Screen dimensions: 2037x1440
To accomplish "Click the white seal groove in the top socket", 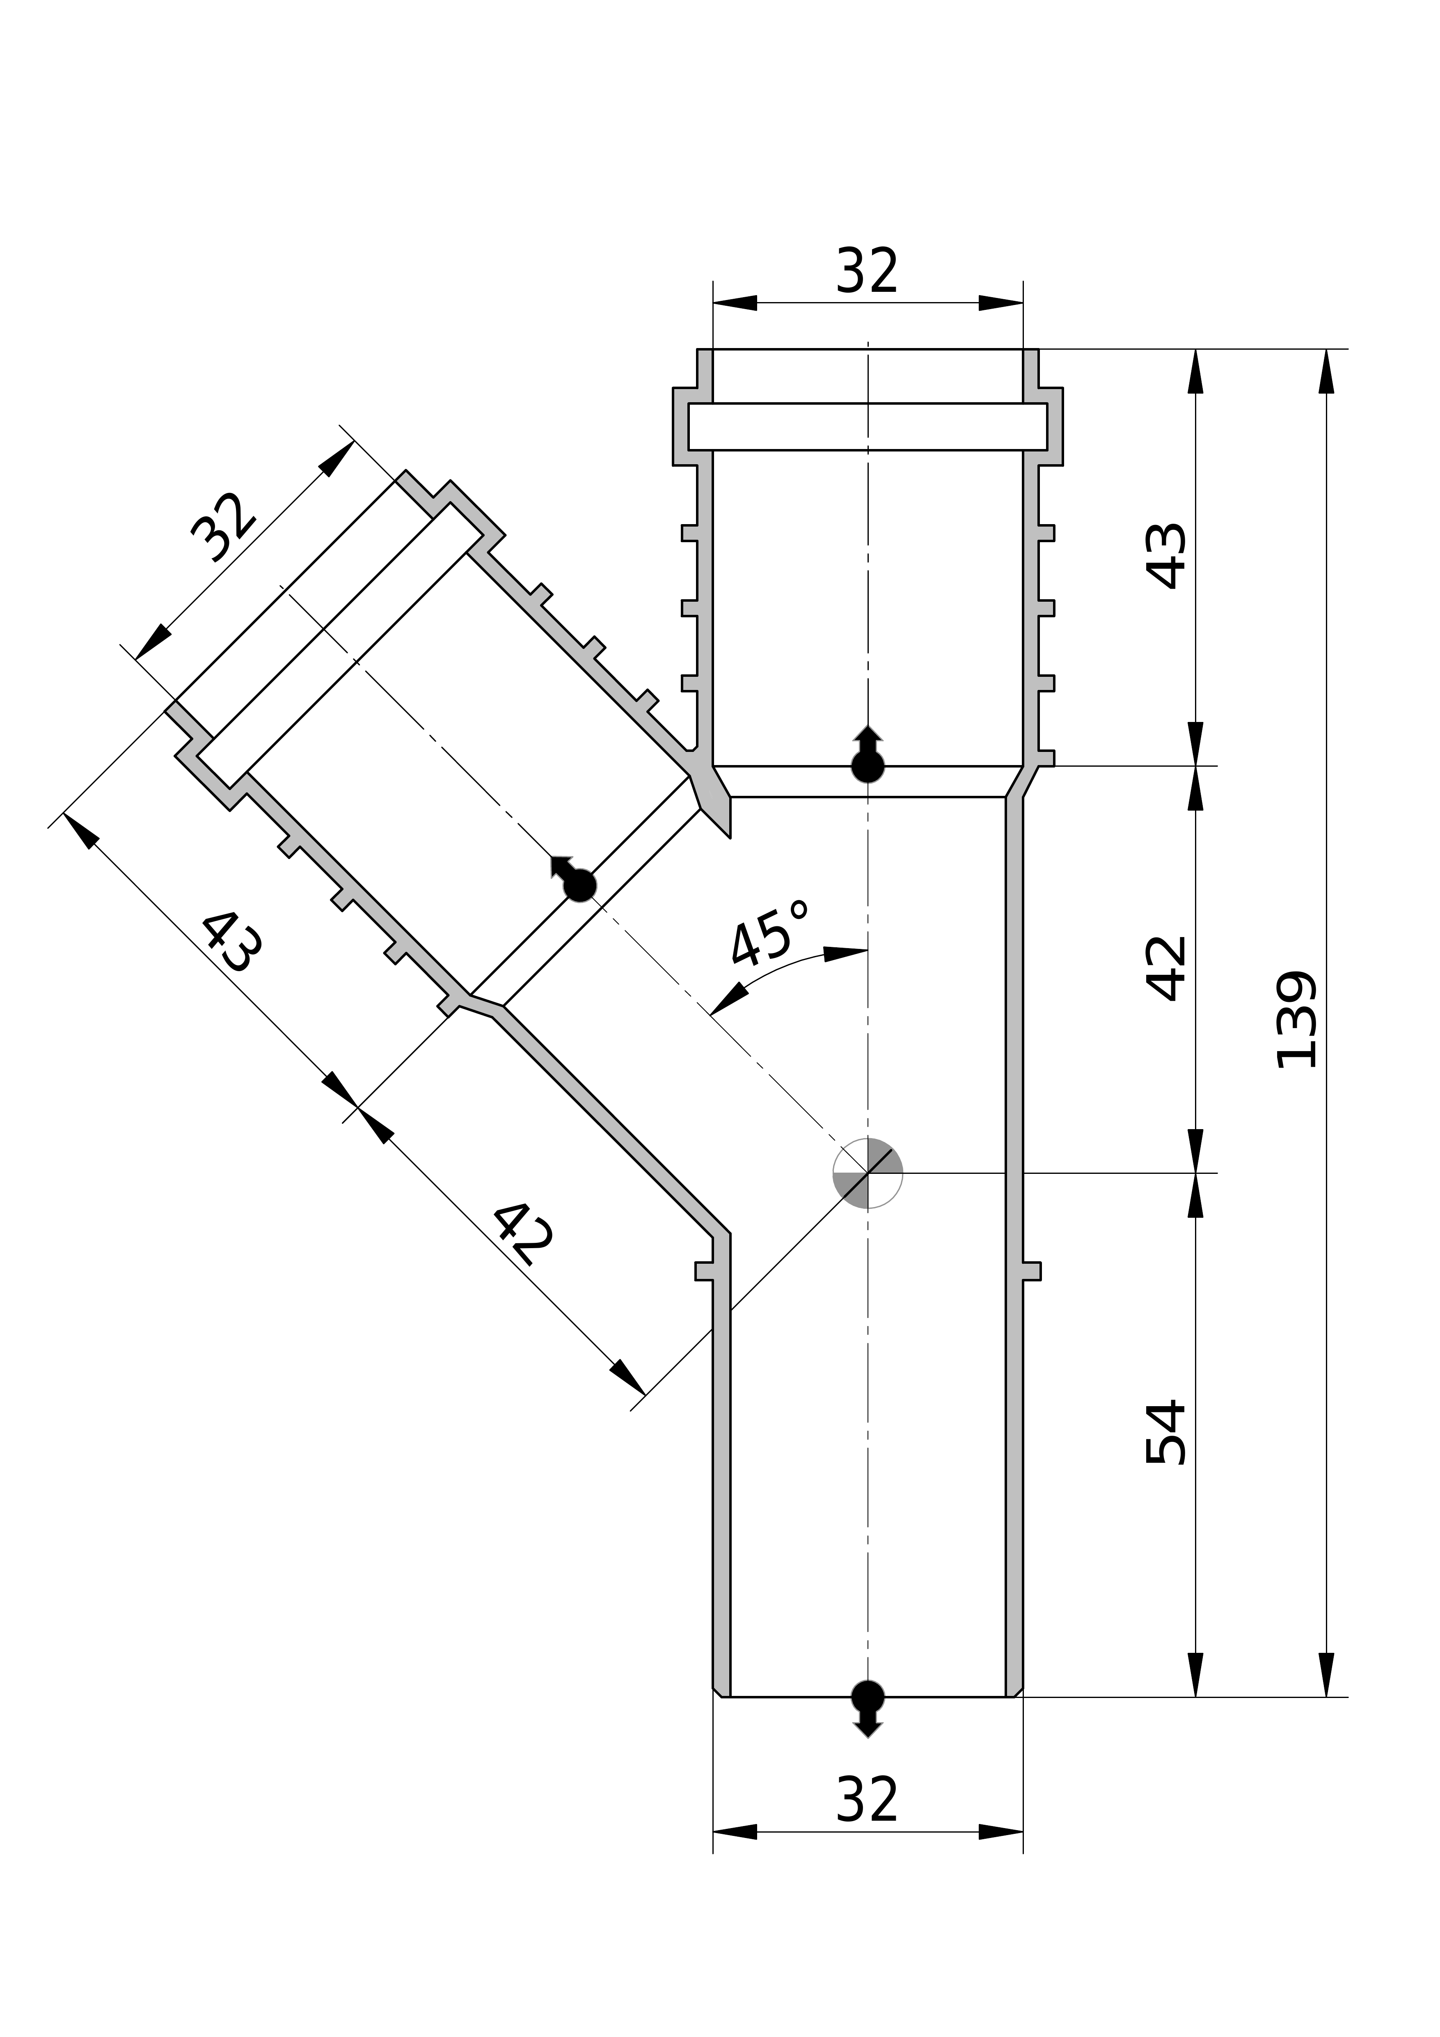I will (867, 427).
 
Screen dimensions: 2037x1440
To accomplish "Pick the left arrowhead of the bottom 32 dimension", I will (735, 1831).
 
